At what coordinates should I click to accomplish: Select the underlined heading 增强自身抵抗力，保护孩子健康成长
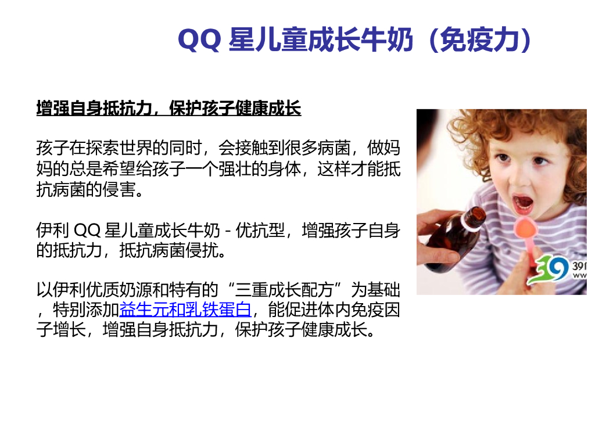click(169, 108)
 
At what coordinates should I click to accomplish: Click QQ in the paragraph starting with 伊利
click(87, 231)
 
